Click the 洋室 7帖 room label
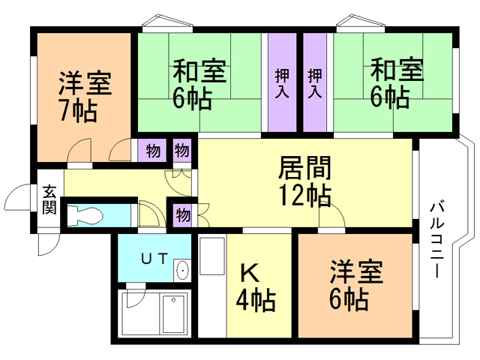pyautogui.click(x=85, y=96)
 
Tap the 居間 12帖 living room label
pyautogui.click(x=304, y=180)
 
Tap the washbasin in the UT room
pyautogui.click(x=182, y=271)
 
